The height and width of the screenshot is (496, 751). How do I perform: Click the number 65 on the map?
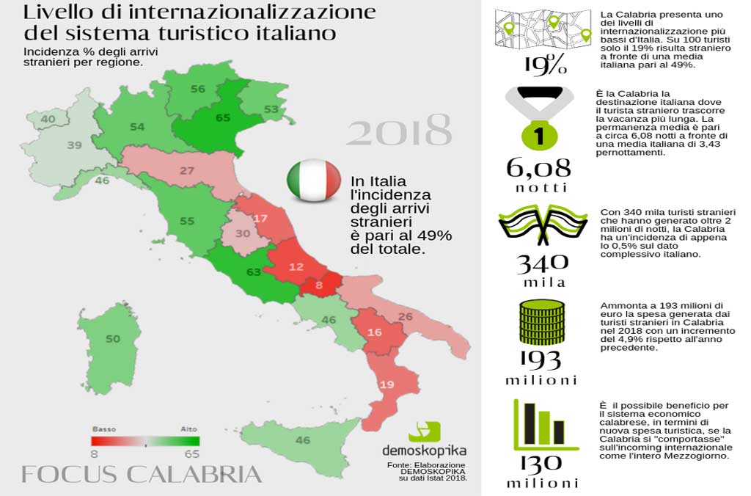pyautogui.click(x=223, y=117)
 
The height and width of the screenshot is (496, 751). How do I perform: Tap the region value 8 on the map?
pyautogui.click(x=319, y=285)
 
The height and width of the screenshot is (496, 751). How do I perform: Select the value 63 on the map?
pyautogui.click(x=254, y=272)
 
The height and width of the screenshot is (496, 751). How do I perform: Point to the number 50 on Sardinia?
pyautogui.click(x=112, y=339)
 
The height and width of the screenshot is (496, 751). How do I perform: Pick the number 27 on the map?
pyautogui.click(x=186, y=172)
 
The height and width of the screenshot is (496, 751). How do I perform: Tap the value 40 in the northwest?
pyautogui.click(x=48, y=119)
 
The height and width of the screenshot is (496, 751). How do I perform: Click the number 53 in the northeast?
pyautogui.click(x=271, y=110)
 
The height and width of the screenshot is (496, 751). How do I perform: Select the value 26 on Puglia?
pyautogui.click(x=405, y=317)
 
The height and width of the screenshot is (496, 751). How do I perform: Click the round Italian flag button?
pyautogui.click(x=313, y=180)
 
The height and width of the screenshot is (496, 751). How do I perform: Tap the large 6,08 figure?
pyautogui.click(x=538, y=167)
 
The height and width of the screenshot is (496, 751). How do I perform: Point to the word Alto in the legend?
pyautogui.click(x=188, y=428)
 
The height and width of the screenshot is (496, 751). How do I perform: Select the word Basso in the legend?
pyautogui.click(x=104, y=428)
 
